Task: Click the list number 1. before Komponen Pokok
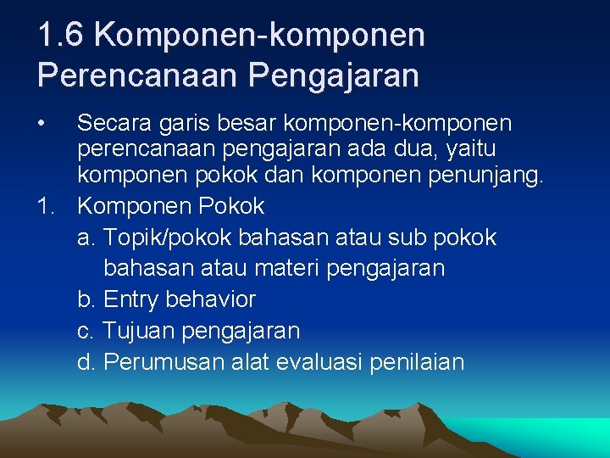tap(47, 206)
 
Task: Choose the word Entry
tap(131, 299)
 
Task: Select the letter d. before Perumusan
tap(86, 362)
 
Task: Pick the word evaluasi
tap(323, 362)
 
